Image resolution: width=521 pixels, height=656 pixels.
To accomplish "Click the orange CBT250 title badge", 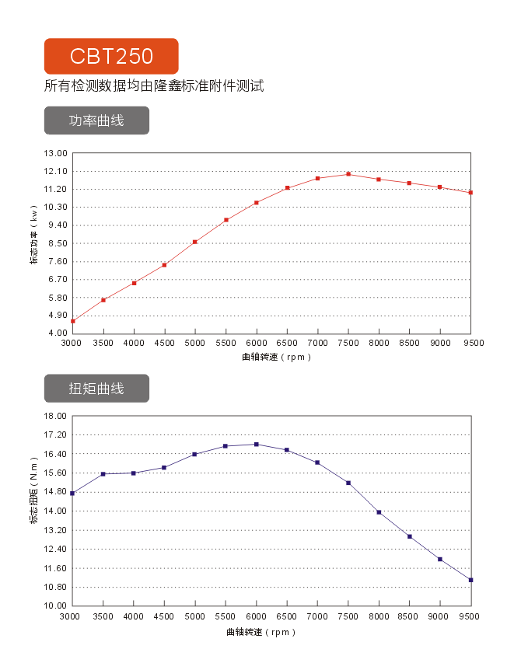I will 111,56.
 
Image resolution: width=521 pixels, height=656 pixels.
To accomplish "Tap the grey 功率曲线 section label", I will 96,120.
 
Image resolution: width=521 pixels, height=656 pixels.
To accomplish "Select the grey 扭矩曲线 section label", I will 96,388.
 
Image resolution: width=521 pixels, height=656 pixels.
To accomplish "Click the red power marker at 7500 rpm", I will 348,174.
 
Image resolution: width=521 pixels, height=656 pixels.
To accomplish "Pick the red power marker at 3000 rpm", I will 72,321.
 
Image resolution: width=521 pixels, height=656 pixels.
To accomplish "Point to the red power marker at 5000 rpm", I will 195,242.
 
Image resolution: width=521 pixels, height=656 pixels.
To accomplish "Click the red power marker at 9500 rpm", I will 471,193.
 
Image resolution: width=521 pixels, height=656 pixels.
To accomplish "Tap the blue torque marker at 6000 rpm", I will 257,445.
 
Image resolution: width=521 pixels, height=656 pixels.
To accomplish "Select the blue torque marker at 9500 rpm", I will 471,580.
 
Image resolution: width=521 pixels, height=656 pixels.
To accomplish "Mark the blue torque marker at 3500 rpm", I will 103,474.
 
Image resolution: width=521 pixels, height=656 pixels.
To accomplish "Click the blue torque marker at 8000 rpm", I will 379,512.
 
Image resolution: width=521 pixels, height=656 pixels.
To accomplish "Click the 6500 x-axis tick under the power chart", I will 287,343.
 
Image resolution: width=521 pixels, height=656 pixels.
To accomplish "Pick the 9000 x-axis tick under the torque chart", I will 440,616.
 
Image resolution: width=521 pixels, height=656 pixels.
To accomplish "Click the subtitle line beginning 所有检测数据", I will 154,86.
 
